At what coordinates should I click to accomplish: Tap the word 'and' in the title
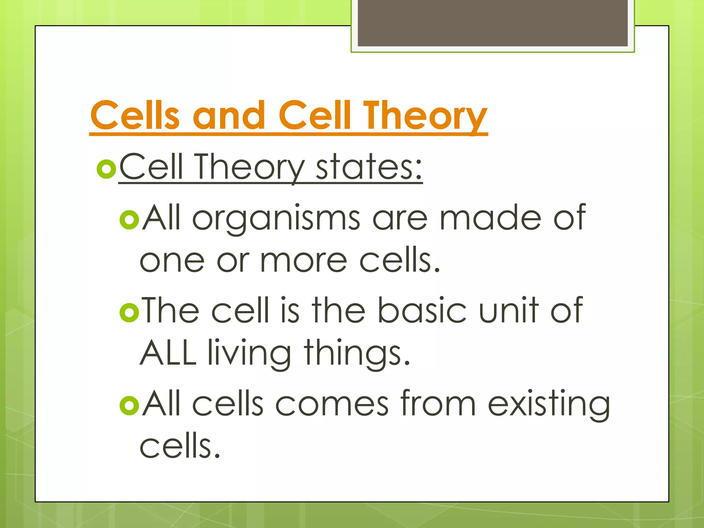229,115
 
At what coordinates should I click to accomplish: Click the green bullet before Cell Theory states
106,169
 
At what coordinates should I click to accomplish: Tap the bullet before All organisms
129,220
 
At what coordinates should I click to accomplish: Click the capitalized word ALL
168,353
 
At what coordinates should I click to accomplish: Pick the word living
250,354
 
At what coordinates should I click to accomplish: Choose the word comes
332,404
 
